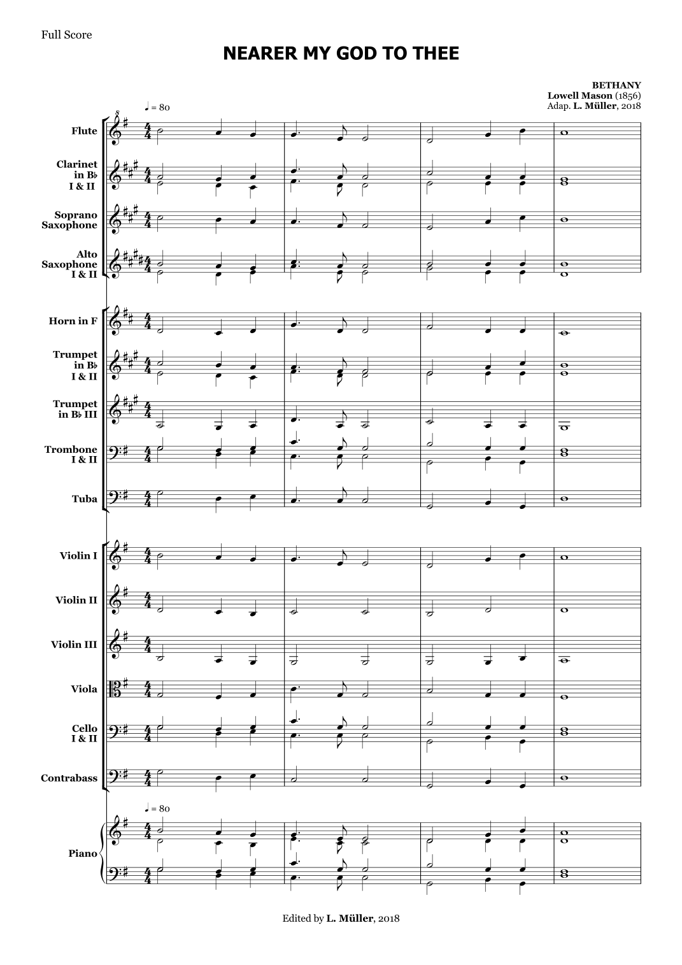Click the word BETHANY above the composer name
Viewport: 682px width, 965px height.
pos(616,85)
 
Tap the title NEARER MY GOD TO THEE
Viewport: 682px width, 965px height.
pos(341,54)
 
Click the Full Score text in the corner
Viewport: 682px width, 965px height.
pos(66,35)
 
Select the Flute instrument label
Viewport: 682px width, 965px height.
pos(84,131)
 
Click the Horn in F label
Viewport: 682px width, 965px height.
pos(73,321)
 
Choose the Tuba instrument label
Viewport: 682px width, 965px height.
pos(84,499)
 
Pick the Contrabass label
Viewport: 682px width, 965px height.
pos(69,778)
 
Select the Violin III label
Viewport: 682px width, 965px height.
pos(74,645)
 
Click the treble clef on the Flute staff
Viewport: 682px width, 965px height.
pos(117,131)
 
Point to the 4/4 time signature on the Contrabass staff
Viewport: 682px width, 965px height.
pos(148,778)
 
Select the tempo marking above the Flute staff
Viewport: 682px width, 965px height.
pos(157,107)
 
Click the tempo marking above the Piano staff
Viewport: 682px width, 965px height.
pos(157,809)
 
